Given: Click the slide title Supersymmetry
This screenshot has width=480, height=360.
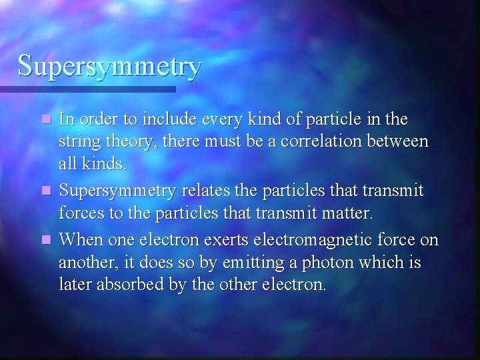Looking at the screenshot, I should tap(109, 67).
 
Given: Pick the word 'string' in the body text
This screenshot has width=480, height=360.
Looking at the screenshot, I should tap(79, 142).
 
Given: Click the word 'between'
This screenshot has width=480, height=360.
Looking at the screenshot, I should tap(400, 141).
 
